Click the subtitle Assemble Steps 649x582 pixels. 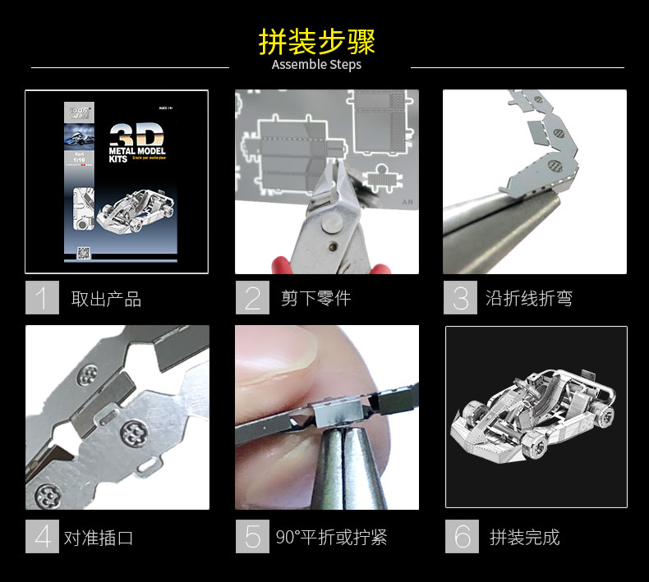pos(316,65)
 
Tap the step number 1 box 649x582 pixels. pos(42,298)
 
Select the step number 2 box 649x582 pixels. pos(252,298)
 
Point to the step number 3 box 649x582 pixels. pos(460,298)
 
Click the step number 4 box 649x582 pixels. pos(42,537)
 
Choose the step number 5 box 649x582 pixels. pos(252,537)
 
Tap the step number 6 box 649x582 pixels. pos(462,537)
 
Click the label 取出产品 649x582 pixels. pos(106,299)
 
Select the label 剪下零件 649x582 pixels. pos(315,299)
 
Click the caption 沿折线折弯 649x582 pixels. pos(528,299)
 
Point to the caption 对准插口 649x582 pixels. pos(99,538)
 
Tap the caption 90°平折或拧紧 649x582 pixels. pos(331,538)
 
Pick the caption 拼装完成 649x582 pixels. pos(524,538)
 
